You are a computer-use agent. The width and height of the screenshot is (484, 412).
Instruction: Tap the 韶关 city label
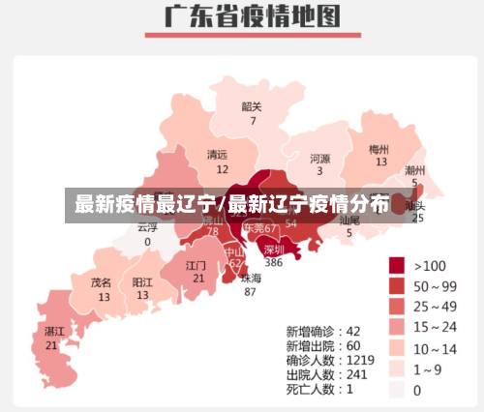tap(252, 106)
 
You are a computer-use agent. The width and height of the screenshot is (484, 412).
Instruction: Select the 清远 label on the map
tap(218, 154)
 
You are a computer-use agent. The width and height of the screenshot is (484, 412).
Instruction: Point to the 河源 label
tap(320, 158)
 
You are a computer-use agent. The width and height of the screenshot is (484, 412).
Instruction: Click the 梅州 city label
tap(378, 149)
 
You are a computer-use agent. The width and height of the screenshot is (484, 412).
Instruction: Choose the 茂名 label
tap(102, 282)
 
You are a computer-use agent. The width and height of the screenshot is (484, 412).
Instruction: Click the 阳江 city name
tap(141, 282)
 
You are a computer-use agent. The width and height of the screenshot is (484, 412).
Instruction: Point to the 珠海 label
tap(251, 277)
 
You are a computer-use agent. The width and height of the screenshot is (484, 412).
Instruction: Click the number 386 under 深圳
tap(274, 262)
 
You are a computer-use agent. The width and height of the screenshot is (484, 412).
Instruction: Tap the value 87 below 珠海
tap(251, 291)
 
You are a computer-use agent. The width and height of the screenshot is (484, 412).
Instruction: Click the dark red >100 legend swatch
tap(397, 265)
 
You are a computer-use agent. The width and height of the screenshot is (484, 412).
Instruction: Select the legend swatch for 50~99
tap(397, 286)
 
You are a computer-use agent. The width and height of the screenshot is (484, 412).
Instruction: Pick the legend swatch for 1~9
tap(397, 369)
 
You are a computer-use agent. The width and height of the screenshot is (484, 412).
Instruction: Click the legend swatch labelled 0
tap(397, 391)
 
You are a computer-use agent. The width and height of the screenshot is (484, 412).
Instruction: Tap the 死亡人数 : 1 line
tap(319, 388)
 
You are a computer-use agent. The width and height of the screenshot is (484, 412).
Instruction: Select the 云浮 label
tap(147, 227)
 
